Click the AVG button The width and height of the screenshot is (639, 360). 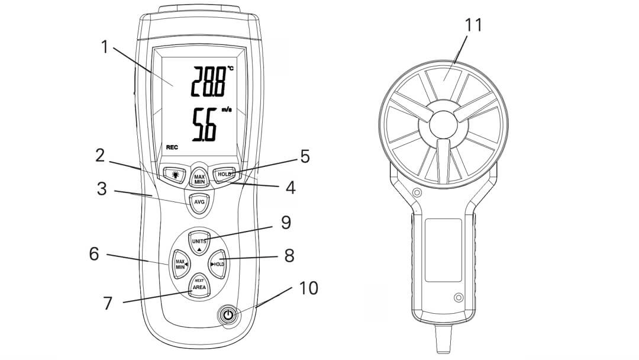[x=199, y=202]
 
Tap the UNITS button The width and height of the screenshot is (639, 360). [x=199, y=242]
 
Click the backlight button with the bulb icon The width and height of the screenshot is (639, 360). [x=175, y=175]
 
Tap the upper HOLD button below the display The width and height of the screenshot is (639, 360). [x=224, y=175]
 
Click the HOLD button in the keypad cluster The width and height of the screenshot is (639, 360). [x=218, y=264]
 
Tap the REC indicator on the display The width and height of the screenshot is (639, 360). [x=172, y=146]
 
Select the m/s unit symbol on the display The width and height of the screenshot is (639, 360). [x=227, y=110]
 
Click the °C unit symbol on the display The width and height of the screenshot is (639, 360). [x=230, y=69]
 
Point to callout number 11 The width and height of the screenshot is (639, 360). [x=473, y=25]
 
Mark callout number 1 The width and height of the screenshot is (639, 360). [x=105, y=46]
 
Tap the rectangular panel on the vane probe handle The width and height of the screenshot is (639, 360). [x=443, y=249]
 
